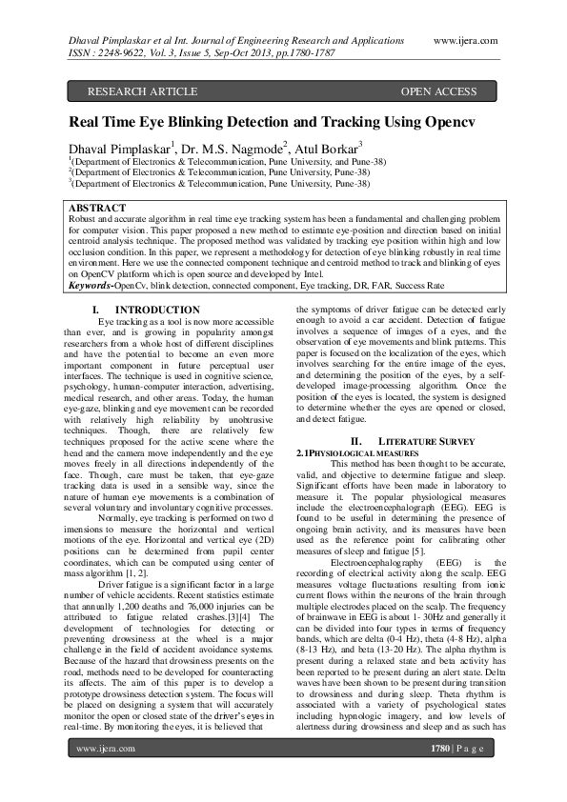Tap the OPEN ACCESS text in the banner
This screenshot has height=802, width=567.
tap(437, 91)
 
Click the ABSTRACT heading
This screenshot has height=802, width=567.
tap(98, 208)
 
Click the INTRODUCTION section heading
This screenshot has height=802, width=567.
tap(158, 311)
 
